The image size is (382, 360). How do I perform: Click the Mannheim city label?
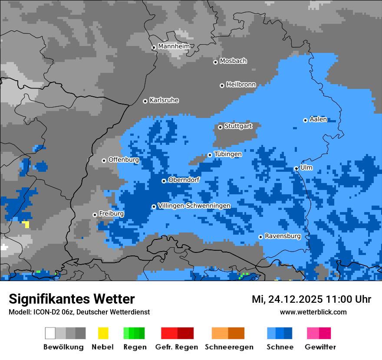click(x=174, y=46)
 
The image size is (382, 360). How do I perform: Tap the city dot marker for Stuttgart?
click(x=220, y=127)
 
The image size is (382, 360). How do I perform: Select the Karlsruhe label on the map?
click(x=164, y=100)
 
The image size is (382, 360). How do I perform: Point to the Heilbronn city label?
click(x=241, y=85)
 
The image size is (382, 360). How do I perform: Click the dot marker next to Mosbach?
click(x=215, y=62)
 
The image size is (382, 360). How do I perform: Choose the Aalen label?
click(x=318, y=119)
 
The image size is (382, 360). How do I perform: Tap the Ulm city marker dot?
click(x=296, y=169)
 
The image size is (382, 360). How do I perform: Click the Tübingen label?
click(x=228, y=154)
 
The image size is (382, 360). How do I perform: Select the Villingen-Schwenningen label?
click(x=194, y=206)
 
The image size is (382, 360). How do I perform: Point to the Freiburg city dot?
click(x=95, y=215)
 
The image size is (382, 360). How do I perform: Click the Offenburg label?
click(x=124, y=160)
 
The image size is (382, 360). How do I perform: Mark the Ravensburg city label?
click(x=283, y=236)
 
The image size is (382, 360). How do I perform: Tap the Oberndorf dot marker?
click(x=164, y=181)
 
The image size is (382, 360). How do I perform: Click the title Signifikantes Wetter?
click(x=72, y=299)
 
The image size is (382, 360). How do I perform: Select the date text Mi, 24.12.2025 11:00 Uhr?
click(x=311, y=299)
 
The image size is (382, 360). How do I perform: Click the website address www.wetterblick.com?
click(x=313, y=312)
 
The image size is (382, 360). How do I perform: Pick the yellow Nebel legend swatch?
click(x=103, y=333)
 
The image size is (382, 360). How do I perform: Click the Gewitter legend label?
click(x=320, y=347)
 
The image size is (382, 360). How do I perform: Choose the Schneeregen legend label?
click(x=229, y=347)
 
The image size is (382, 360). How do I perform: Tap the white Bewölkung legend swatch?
click(x=50, y=333)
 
